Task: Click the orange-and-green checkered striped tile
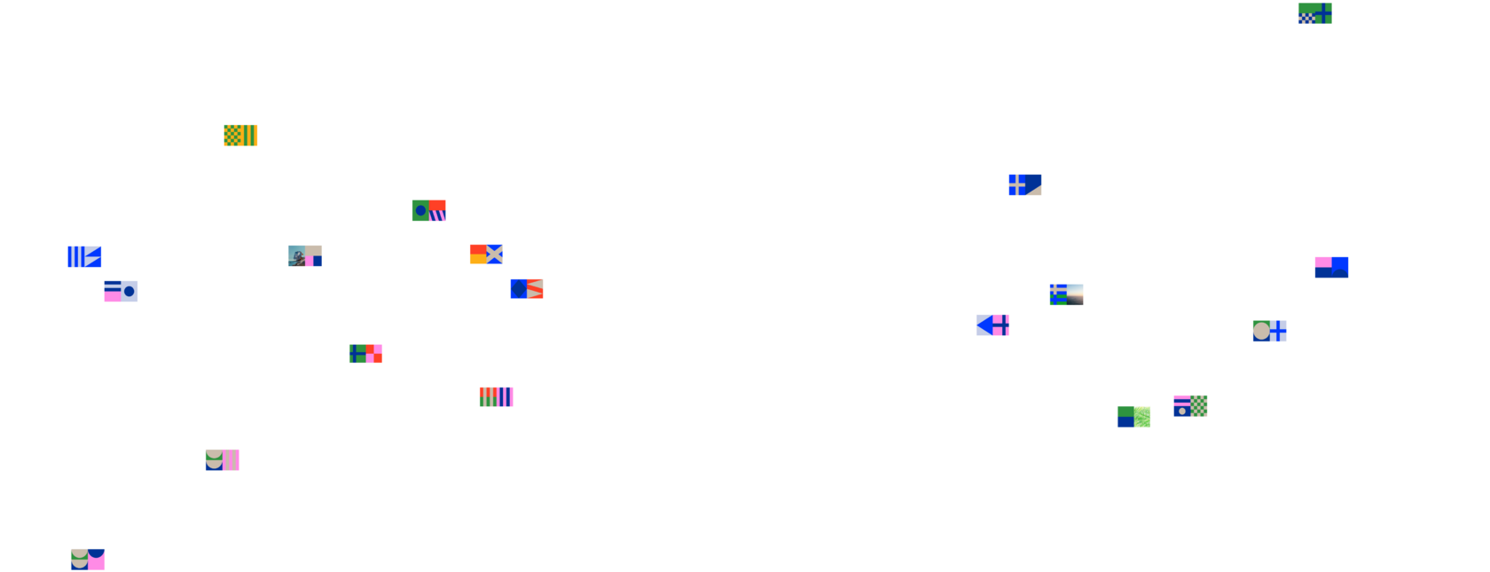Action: [240, 135]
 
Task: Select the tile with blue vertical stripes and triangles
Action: [84, 256]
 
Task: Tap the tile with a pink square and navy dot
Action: [121, 291]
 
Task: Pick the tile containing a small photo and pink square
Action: [305, 255]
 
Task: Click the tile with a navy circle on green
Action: [428, 210]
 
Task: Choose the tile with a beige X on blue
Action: [486, 254]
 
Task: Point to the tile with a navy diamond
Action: [527, 288]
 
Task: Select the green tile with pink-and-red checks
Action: [365, 353]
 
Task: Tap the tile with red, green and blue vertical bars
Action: [497, 396]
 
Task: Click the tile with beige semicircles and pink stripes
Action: [223, 459]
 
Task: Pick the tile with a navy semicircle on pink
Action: [88, 559]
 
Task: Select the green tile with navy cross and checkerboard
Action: [1315, 13]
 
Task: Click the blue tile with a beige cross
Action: [1025, 184]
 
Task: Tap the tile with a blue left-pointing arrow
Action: [992, 325]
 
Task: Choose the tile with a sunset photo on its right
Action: [1066, 294]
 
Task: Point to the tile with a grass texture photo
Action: [1134, 416]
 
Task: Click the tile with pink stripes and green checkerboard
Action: [1190, 405]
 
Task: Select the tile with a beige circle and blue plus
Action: [1269, 331]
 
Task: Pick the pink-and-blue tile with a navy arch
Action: [1331, 267]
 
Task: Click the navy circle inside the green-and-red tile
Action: [420, 211]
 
